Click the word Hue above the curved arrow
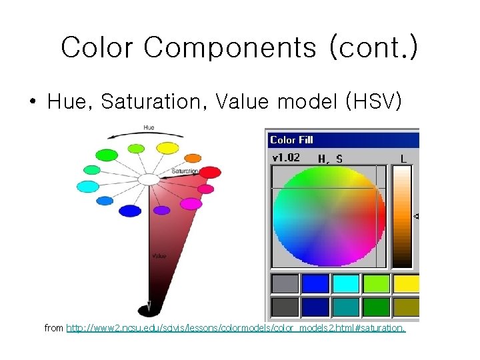point(149,127)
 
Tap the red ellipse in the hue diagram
point(210,173)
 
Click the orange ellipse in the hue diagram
point(193,158)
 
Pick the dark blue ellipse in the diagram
point(130,211)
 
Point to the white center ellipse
point(149,179)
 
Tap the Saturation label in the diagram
point(185,171)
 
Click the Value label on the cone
point(159,255)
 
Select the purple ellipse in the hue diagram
point(162,210)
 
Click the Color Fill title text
point(291,140)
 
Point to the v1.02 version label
point(285,158)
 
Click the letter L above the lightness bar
point(403,159)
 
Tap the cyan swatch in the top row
point(346,284)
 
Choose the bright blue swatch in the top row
point(315,284)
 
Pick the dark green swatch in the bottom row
point(377,307)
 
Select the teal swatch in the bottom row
point(346,307)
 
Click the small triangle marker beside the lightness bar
point(417,216)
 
